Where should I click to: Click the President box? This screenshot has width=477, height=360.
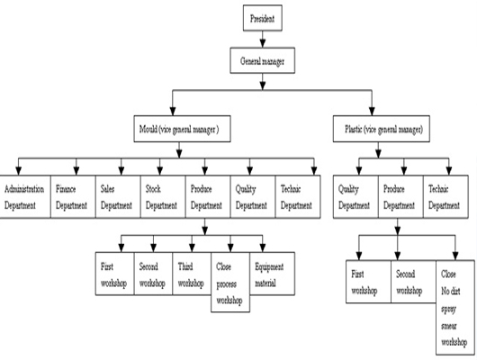(x=263, y=18)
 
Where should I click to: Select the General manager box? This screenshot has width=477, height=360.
(x=263, y=60)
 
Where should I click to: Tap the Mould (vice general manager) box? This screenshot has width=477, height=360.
(x=182, y=129)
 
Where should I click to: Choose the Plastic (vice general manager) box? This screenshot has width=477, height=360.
(x=382, y=129)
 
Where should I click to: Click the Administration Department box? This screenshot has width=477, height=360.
(x=25, y=196)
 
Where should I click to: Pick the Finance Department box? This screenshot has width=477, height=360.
(x=73, y=196)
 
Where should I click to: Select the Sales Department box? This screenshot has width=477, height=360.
(x=118, y=196)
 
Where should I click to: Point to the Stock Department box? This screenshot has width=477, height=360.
(x=163, y=196)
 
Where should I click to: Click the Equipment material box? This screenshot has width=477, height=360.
(x=273, y=274)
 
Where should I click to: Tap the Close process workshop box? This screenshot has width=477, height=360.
(x=230, y=282)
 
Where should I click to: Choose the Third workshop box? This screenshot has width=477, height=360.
(x=192, y=274)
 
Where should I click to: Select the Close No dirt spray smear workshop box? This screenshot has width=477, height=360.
(x=455, y=308)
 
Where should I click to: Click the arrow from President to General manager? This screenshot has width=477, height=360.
(x=263, y=39)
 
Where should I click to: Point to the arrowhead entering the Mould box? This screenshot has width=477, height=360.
(x=173, y=111)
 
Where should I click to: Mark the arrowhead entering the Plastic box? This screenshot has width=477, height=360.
(x=372, y=111)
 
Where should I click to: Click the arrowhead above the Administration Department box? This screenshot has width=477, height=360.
(x=18, y=171)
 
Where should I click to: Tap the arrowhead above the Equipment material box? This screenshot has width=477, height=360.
(x=263, y=247)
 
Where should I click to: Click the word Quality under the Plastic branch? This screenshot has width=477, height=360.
(x=348, y=189)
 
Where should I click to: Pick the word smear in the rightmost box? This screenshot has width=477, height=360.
(x=449, y=326)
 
